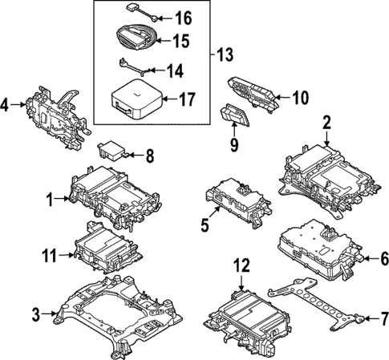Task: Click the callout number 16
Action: coord(184,17)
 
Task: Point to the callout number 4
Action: coord(6,104)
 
